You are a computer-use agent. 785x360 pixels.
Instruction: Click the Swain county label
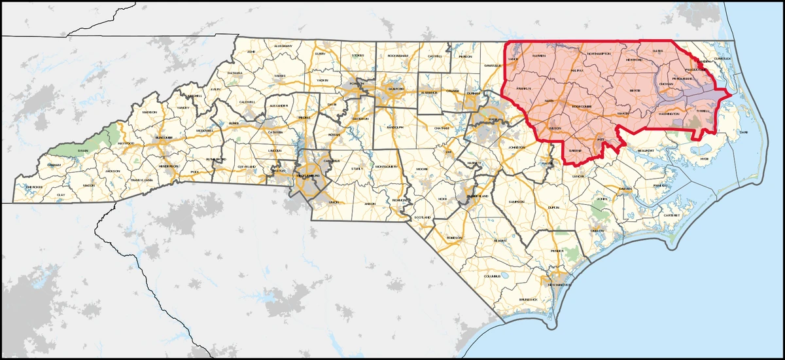pyautogui.click(x=83, y=150)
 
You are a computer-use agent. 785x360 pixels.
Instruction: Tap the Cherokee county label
pyautogui.click(x=34, y=187)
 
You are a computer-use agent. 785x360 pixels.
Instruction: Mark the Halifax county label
pyautogui.click(x=577, y=69)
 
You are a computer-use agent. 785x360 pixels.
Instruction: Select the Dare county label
pyautogui.click(x=743, y=132)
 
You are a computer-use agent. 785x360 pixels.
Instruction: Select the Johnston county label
pyautogui.click(x=517, y=148)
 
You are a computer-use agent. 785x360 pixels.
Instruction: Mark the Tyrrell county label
pyautogui.click(x=703, y=111)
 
